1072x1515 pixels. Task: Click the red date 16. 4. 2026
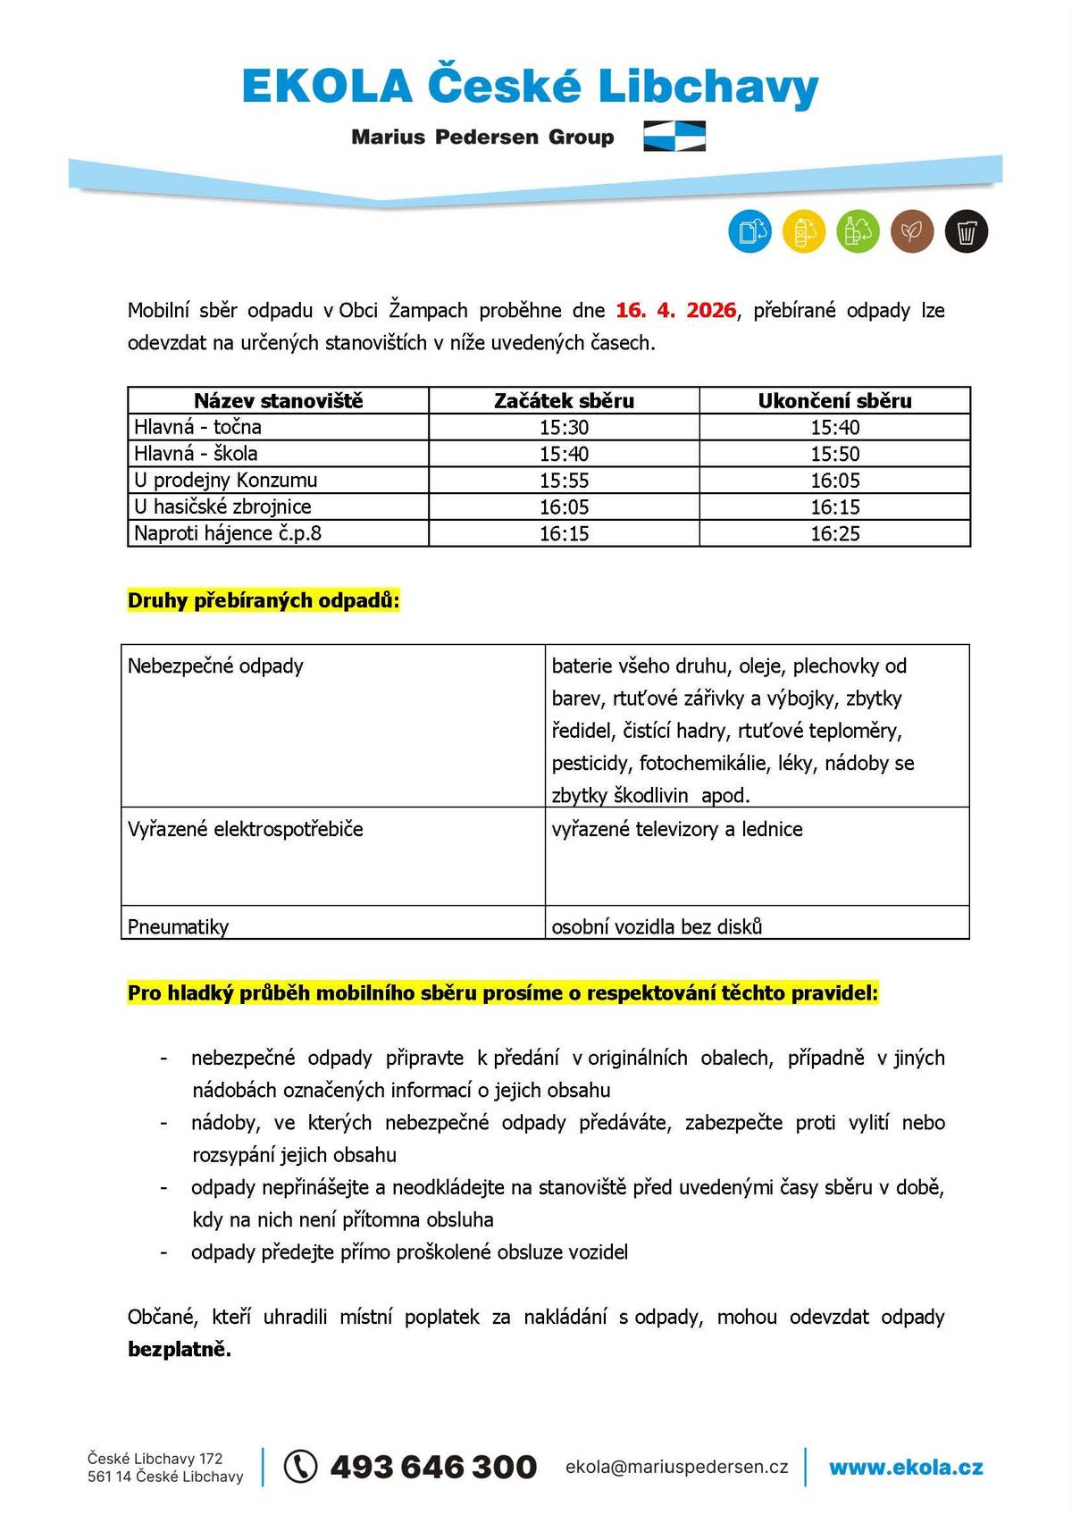675,311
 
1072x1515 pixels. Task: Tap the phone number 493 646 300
433,1466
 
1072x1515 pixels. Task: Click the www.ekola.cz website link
906,1467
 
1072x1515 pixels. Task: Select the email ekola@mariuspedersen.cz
676,1467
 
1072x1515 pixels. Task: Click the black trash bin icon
966,232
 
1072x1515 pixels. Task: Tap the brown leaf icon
911,232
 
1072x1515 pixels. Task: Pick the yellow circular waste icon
804,232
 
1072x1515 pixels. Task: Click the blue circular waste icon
750,232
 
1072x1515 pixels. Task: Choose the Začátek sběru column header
564,401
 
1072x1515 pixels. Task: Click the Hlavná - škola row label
196,454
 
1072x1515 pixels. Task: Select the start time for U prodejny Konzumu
564,481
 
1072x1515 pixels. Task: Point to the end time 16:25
834,534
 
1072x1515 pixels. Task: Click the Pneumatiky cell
179,926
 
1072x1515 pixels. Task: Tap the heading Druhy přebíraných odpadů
264,601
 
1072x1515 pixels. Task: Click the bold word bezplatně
180,1350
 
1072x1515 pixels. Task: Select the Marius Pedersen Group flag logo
674,137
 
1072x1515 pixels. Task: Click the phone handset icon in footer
301,1466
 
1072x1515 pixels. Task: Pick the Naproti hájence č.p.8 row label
228,534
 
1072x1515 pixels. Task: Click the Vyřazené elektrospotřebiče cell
246,829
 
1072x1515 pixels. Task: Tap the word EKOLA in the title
327,88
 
